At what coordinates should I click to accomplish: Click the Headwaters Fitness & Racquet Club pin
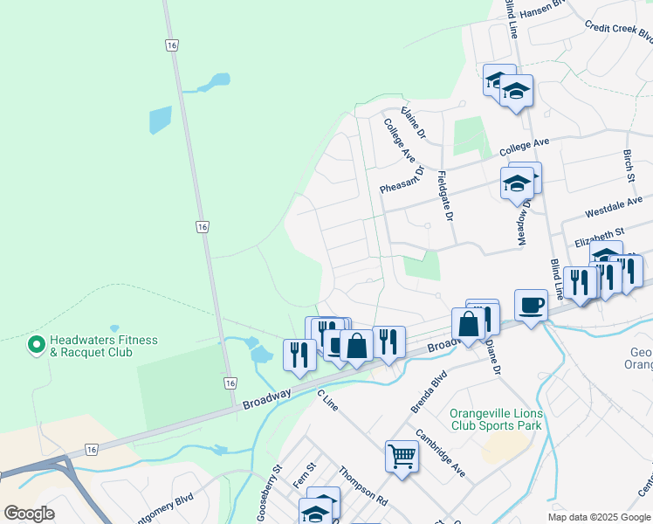pos(37,346)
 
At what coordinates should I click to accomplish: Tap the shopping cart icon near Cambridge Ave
pos(402,455)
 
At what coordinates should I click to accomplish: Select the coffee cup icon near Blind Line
pos(531,305)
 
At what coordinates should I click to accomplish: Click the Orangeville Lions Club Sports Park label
pos(496,419)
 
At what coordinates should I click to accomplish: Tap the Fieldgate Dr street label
pos(445,194)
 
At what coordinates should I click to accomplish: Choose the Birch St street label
pos(629,165)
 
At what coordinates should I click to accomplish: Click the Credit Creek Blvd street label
pos(618,32)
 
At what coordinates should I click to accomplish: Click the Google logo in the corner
pos(29,514)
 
